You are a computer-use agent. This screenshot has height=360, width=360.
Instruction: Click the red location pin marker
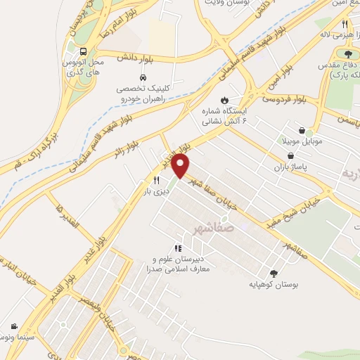coord(181,166)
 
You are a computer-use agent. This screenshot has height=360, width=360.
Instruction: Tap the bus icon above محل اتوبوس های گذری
coord(84,51)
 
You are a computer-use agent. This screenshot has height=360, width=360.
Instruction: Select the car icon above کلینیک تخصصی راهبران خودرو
coord(143,77)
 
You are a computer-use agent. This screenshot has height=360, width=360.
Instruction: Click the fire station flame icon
coord(224,100)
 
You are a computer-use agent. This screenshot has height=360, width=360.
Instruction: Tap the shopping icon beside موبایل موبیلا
coord(302,131)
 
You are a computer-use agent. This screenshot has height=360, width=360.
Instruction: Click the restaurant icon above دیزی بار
coord(146,179)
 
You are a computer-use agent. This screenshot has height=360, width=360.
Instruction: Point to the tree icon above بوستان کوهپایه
coord(274,274)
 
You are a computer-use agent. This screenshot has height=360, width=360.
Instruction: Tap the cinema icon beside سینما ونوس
coord(14,326)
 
